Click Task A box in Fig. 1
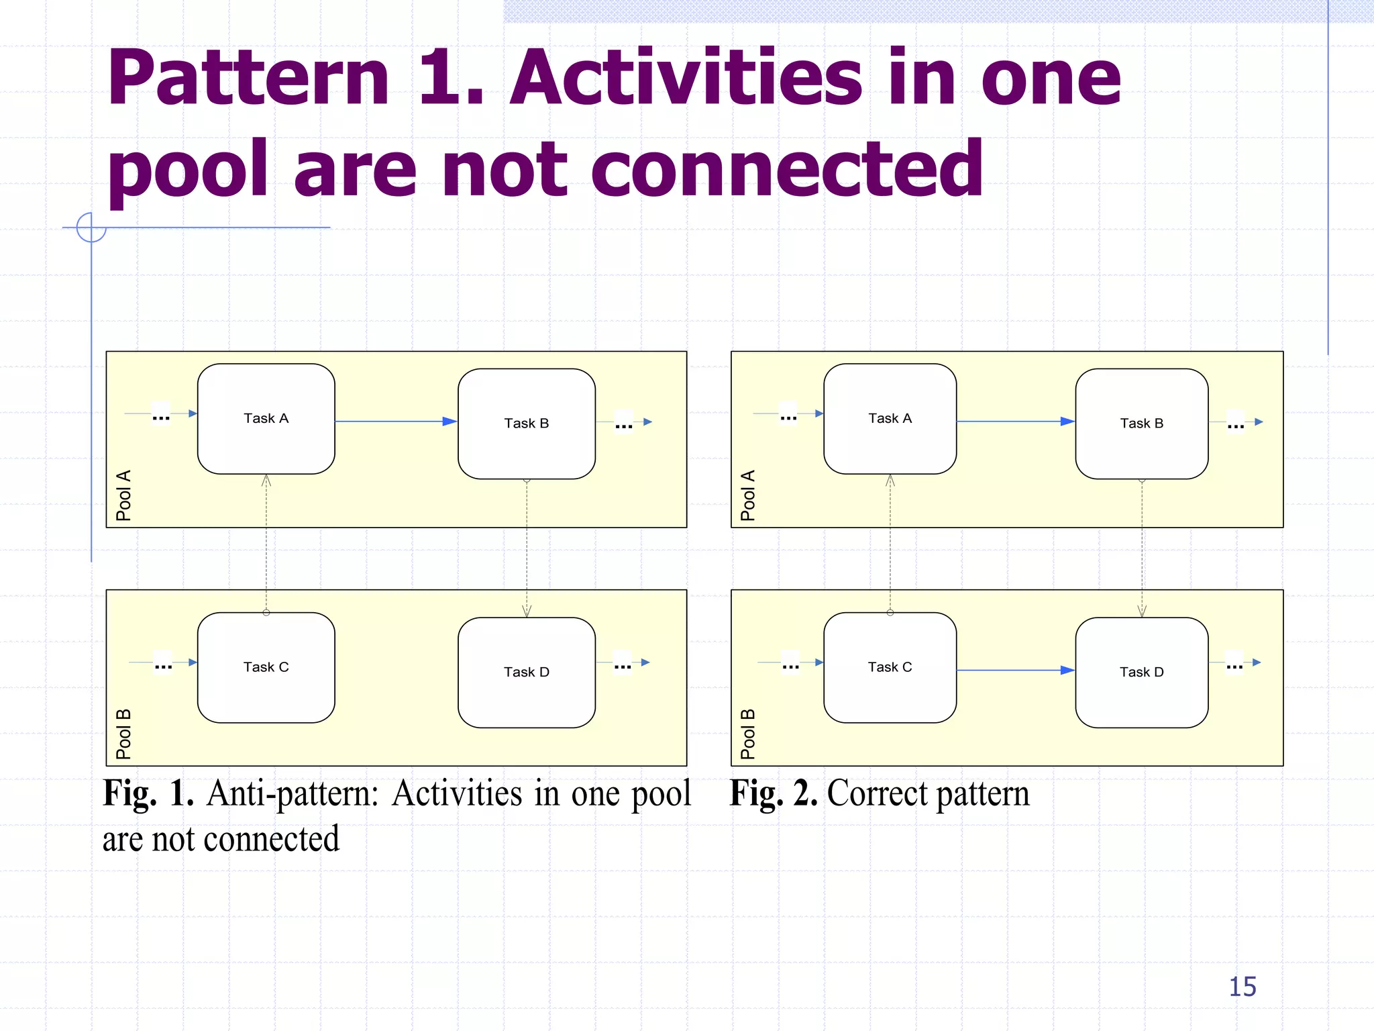tap(266, 419)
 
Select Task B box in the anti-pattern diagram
tap(527, 424)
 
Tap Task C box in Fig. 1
tap(266, 667)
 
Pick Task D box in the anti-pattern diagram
tap(527, 672)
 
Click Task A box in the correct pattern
tap(890, 419)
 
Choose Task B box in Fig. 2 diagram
tap(1141, 424)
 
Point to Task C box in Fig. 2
tap(890, 667)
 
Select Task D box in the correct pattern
tap(1141, 672)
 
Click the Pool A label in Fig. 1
tap(123, 495)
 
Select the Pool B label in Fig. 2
tap(748, 734)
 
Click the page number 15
tap(1242, 987)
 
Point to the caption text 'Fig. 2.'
tap(773, 793)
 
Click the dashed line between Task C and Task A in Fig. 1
tap(266, 544)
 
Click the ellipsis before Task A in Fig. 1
tap(161, 417)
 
